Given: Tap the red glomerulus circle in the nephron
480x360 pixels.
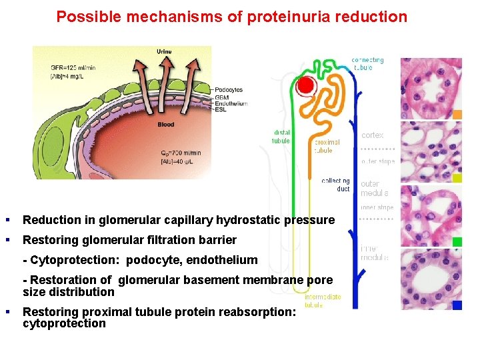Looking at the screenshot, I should [306, 85].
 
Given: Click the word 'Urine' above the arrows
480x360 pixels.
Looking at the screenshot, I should [164, 51].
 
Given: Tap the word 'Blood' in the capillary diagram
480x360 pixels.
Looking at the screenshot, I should [165, 125].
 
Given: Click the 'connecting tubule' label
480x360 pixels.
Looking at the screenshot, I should [367, 64].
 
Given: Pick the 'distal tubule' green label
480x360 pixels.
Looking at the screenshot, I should [281, 137].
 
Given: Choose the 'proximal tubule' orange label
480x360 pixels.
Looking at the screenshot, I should [327, 146].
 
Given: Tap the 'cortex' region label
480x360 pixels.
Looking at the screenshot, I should [373, 135].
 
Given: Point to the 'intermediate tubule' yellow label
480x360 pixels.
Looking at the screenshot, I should [323, 301].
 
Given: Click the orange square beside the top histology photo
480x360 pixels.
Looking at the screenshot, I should [457, 115].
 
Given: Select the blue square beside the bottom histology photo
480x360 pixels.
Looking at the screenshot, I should [457, 305].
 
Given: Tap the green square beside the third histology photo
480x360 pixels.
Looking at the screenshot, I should [457, 241].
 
